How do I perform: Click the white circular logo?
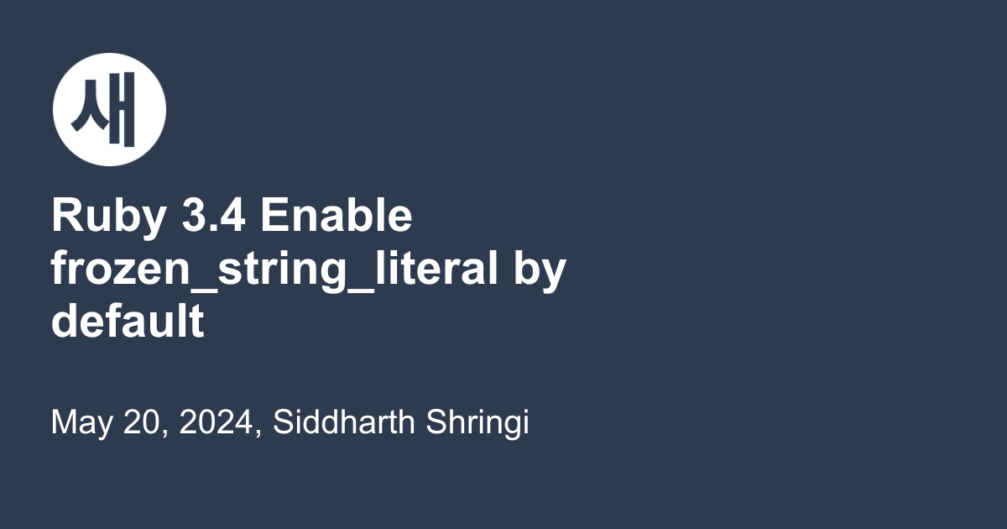109,109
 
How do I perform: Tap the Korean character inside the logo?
103,109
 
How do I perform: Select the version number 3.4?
213,215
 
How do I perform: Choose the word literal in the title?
436,268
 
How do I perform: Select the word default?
128,320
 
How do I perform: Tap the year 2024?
216,422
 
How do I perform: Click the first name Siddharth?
344,422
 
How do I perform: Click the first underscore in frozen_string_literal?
204,291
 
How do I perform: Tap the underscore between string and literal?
361,291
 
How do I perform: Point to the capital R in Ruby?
67,215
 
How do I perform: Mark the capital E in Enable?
275,215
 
